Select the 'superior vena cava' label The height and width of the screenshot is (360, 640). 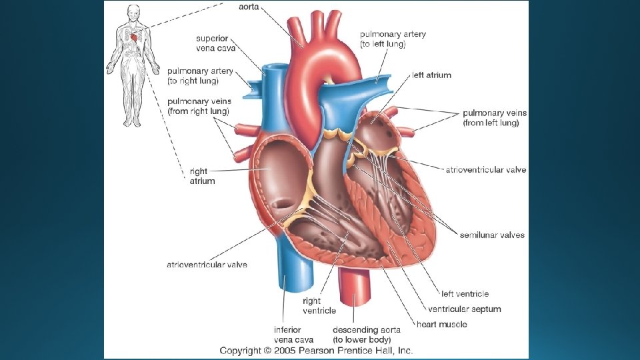pos(215,43)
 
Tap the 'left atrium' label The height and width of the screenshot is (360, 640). pos(431,75)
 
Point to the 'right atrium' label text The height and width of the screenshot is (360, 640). pos(203,176)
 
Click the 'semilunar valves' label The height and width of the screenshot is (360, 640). pos(492,235)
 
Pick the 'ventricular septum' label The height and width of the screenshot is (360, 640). pos(464,309)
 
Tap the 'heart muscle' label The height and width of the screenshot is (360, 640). pos(441,324)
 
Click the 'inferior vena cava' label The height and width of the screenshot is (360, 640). pos(287,334)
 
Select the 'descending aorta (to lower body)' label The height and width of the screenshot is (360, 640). pos(366,334)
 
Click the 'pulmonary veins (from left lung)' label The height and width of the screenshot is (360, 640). pos(491,118)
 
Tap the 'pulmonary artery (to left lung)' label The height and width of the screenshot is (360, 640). pos(393,39)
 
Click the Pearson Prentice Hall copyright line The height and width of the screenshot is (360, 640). pos(317,350)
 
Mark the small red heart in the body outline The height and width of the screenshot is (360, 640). pos(136,38)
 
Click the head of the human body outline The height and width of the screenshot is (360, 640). pos(133,12)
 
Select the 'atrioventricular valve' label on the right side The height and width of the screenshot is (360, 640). pos(485,170)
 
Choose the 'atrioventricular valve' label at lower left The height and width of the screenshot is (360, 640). pos(207,265)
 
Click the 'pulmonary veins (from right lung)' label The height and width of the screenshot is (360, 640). pos(198,105)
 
